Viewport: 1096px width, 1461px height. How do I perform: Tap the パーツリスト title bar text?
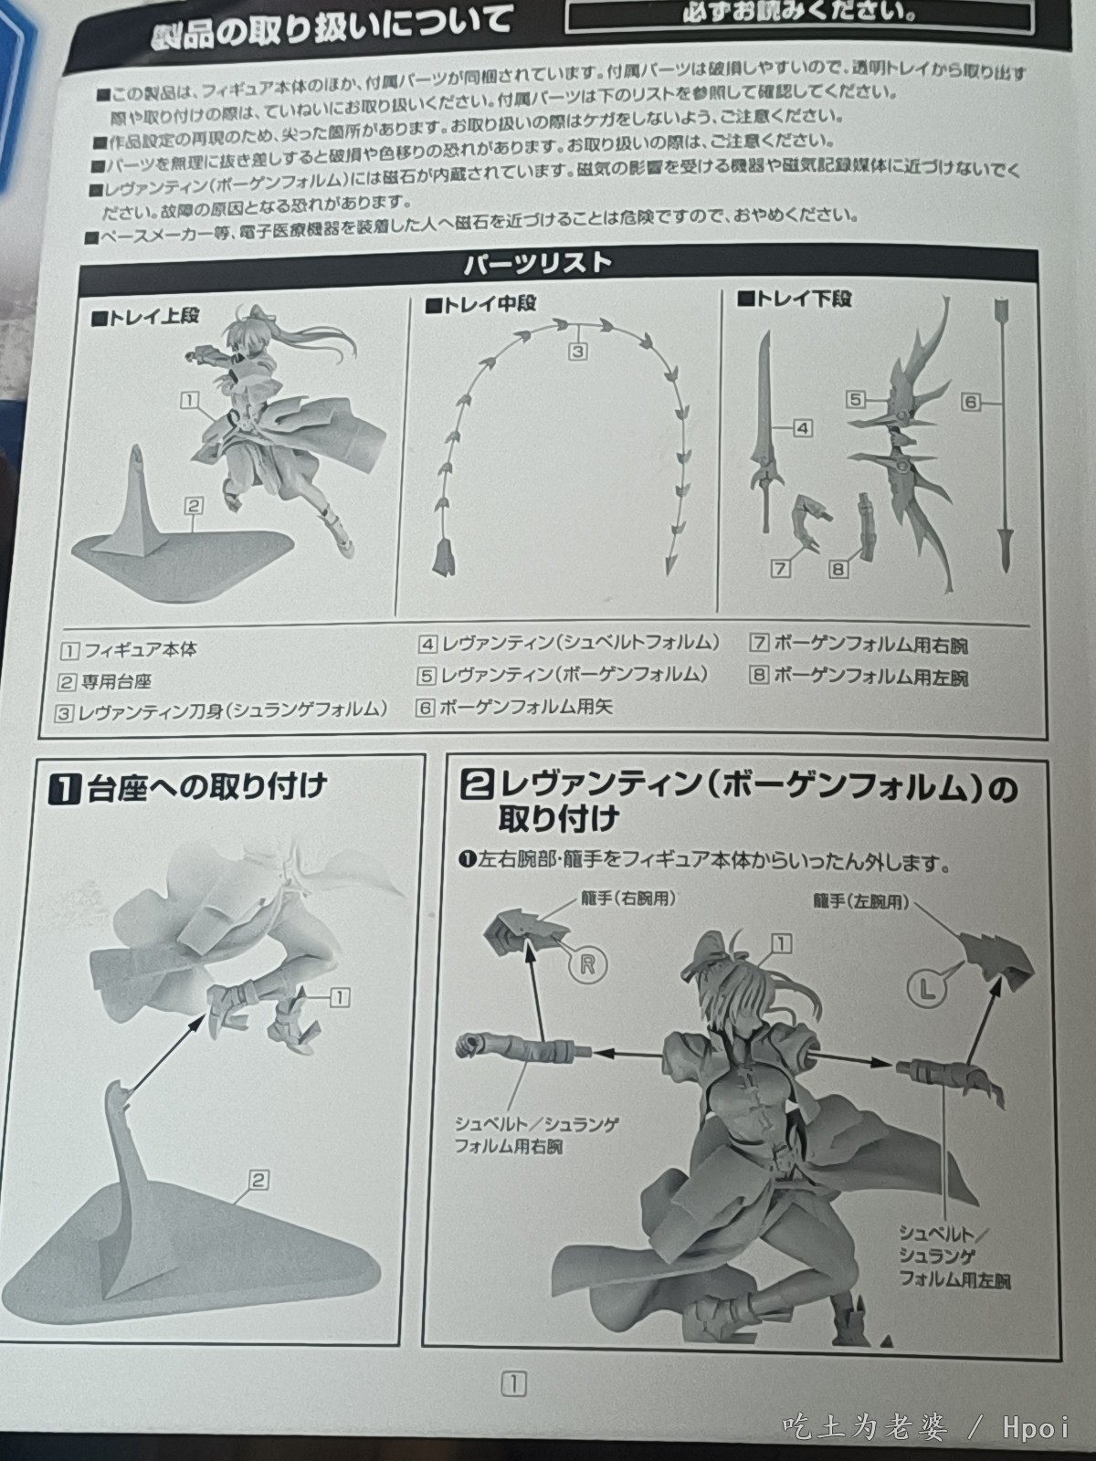(538, 264)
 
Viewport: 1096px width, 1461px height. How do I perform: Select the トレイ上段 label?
(145, 316)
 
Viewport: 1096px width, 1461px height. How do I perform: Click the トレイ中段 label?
(479, 304)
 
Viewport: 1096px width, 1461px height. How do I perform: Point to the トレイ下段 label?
(795, 299)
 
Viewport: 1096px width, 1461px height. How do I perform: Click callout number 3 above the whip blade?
(577, 351)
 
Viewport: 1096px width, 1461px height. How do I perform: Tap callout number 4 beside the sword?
(803, 428)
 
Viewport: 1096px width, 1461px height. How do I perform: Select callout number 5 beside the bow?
(856, 399)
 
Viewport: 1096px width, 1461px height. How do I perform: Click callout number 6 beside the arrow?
(971, 402)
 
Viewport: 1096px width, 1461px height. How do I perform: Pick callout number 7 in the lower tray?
(780, 569)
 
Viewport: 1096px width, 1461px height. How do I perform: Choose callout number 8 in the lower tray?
(838, 569)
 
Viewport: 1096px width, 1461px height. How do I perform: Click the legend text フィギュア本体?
(141, 649)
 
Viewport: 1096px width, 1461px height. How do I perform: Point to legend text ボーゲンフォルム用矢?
(525, 707)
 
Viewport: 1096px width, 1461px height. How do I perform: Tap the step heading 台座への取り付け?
(207, 787)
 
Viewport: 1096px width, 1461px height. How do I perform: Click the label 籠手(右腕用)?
(628, 899)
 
